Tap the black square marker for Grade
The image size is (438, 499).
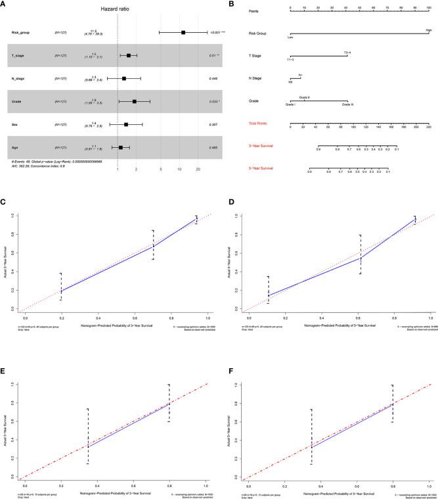pyautogui.click(x=135, y=101)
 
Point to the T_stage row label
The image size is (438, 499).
pyautogui.click(x=20, y=55)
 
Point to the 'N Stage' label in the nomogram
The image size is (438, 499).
pyautogui.click(x=292, y=78)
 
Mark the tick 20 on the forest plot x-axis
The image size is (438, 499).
pyautogui.click(x=198, y=170)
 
